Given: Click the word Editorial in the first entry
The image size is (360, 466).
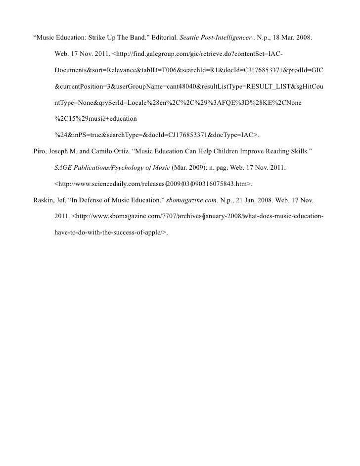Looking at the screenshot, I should (161, 37).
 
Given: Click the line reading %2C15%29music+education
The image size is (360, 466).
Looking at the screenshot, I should (95, 119).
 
